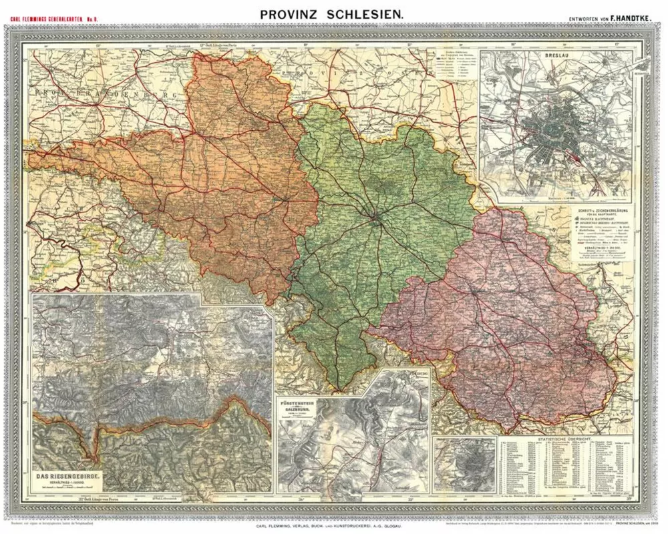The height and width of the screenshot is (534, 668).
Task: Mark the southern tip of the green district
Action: click(x=340, y=390)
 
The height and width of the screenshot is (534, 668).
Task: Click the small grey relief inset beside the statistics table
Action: click(x=464, y=464)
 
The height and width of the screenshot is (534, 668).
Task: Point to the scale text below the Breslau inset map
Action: click(x=556, y=197)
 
